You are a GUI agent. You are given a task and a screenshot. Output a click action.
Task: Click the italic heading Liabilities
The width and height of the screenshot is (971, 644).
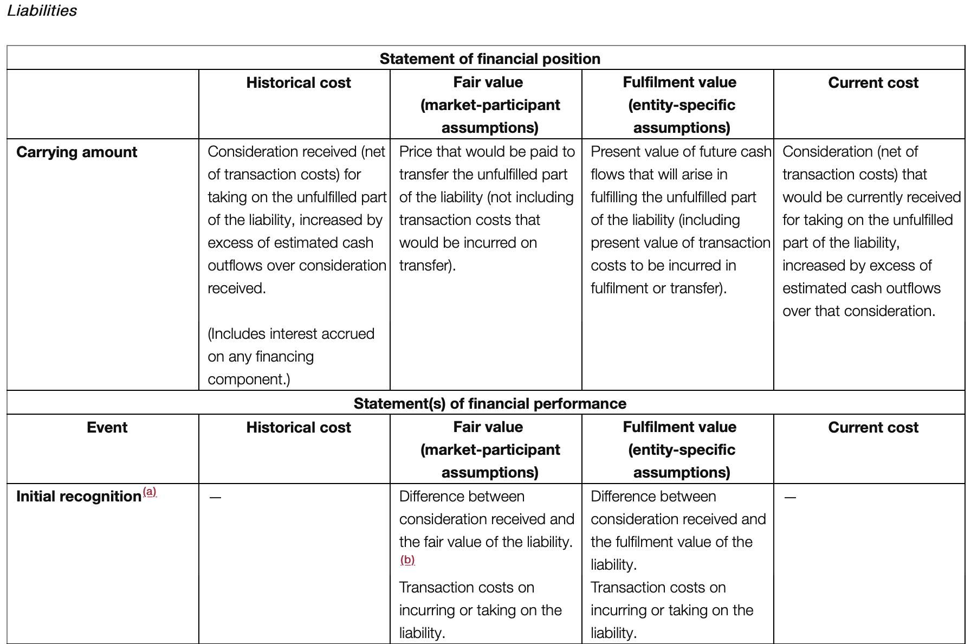[42, 11]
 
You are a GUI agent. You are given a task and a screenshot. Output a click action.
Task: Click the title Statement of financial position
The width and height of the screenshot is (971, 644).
[490, 59]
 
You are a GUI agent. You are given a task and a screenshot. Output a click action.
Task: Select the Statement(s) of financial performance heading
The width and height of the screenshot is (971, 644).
[490, 403]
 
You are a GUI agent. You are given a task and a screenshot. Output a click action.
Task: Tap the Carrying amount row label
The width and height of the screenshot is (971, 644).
[76, 152]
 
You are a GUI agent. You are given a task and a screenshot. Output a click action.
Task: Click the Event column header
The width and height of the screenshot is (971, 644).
[107, 427]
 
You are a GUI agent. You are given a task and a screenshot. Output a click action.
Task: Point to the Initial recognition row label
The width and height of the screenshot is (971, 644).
[79, 496]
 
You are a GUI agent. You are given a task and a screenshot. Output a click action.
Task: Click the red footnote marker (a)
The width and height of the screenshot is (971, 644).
[150, 492]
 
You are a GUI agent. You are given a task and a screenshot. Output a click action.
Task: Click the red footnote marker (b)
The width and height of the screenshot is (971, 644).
[407, 559]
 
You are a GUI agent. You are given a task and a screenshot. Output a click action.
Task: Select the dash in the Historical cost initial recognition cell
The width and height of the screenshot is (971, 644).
[215, 497]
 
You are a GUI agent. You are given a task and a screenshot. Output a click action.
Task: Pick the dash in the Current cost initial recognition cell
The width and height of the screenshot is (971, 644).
[790, 497]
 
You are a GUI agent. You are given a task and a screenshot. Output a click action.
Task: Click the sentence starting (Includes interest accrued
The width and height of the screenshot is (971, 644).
[291, 333]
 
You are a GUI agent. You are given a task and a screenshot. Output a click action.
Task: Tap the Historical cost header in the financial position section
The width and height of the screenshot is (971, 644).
[299, 82]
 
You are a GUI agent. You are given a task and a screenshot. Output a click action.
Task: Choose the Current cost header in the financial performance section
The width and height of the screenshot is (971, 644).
[873, 427]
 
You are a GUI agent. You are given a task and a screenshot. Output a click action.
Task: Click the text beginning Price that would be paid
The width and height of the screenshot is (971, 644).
[487, 152]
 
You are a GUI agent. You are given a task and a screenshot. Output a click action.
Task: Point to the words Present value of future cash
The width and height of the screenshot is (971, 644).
[681, 152]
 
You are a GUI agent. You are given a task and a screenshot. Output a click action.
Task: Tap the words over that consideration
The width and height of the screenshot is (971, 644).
[858, 311]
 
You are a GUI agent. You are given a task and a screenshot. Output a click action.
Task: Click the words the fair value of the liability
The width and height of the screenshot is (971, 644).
[485, 542]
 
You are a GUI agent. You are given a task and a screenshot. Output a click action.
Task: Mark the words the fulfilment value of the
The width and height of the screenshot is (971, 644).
[671, 542]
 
